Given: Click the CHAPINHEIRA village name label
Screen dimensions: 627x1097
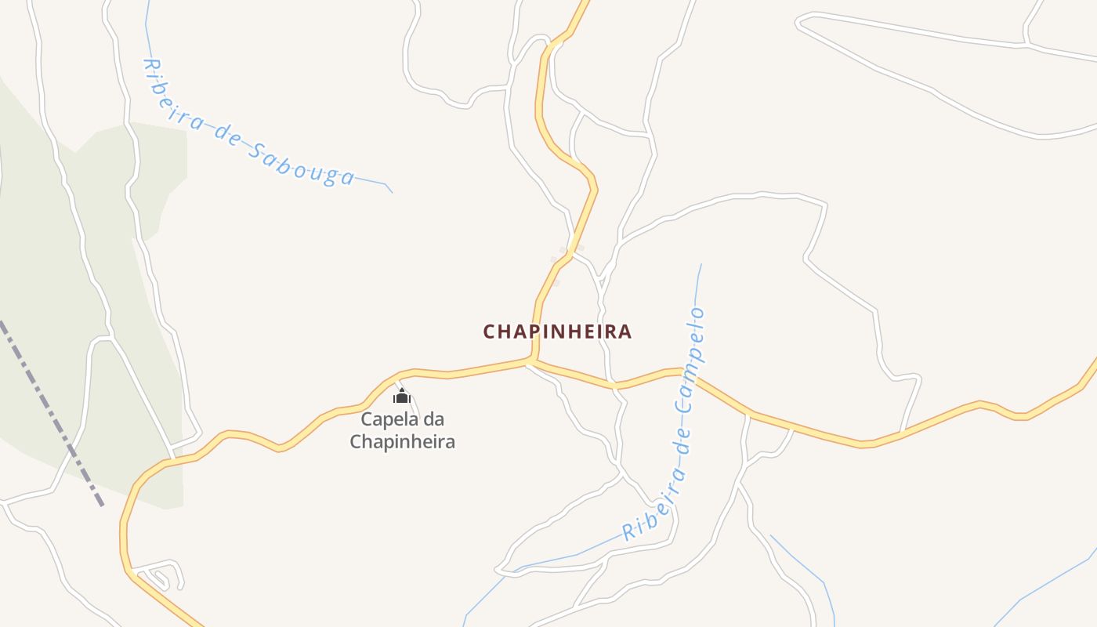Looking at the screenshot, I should pyautogui.click(x=557, y=332).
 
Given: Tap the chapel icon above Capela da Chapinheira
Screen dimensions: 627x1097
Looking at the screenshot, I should pyautogui.click(x=402, y=396).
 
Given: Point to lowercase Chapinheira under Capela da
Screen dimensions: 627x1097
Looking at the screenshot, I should pyautogui.click(x=402, y=441).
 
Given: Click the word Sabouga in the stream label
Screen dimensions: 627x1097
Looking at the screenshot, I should pyautogui.click(x=302, y=165).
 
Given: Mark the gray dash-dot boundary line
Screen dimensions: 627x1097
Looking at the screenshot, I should pyautogui.click(x=51, y=411).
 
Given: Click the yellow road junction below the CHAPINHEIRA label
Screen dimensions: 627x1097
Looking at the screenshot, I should pyautogui.click(x=532, y=361).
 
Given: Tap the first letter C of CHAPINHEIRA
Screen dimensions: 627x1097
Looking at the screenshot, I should pyautogui.click(x=489, y=332).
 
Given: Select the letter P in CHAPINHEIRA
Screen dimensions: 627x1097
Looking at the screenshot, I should pyautogui.click(x=535, y=332).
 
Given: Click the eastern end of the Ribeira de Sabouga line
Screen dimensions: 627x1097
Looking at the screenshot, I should pyautogui.click(x=391, y=191).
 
